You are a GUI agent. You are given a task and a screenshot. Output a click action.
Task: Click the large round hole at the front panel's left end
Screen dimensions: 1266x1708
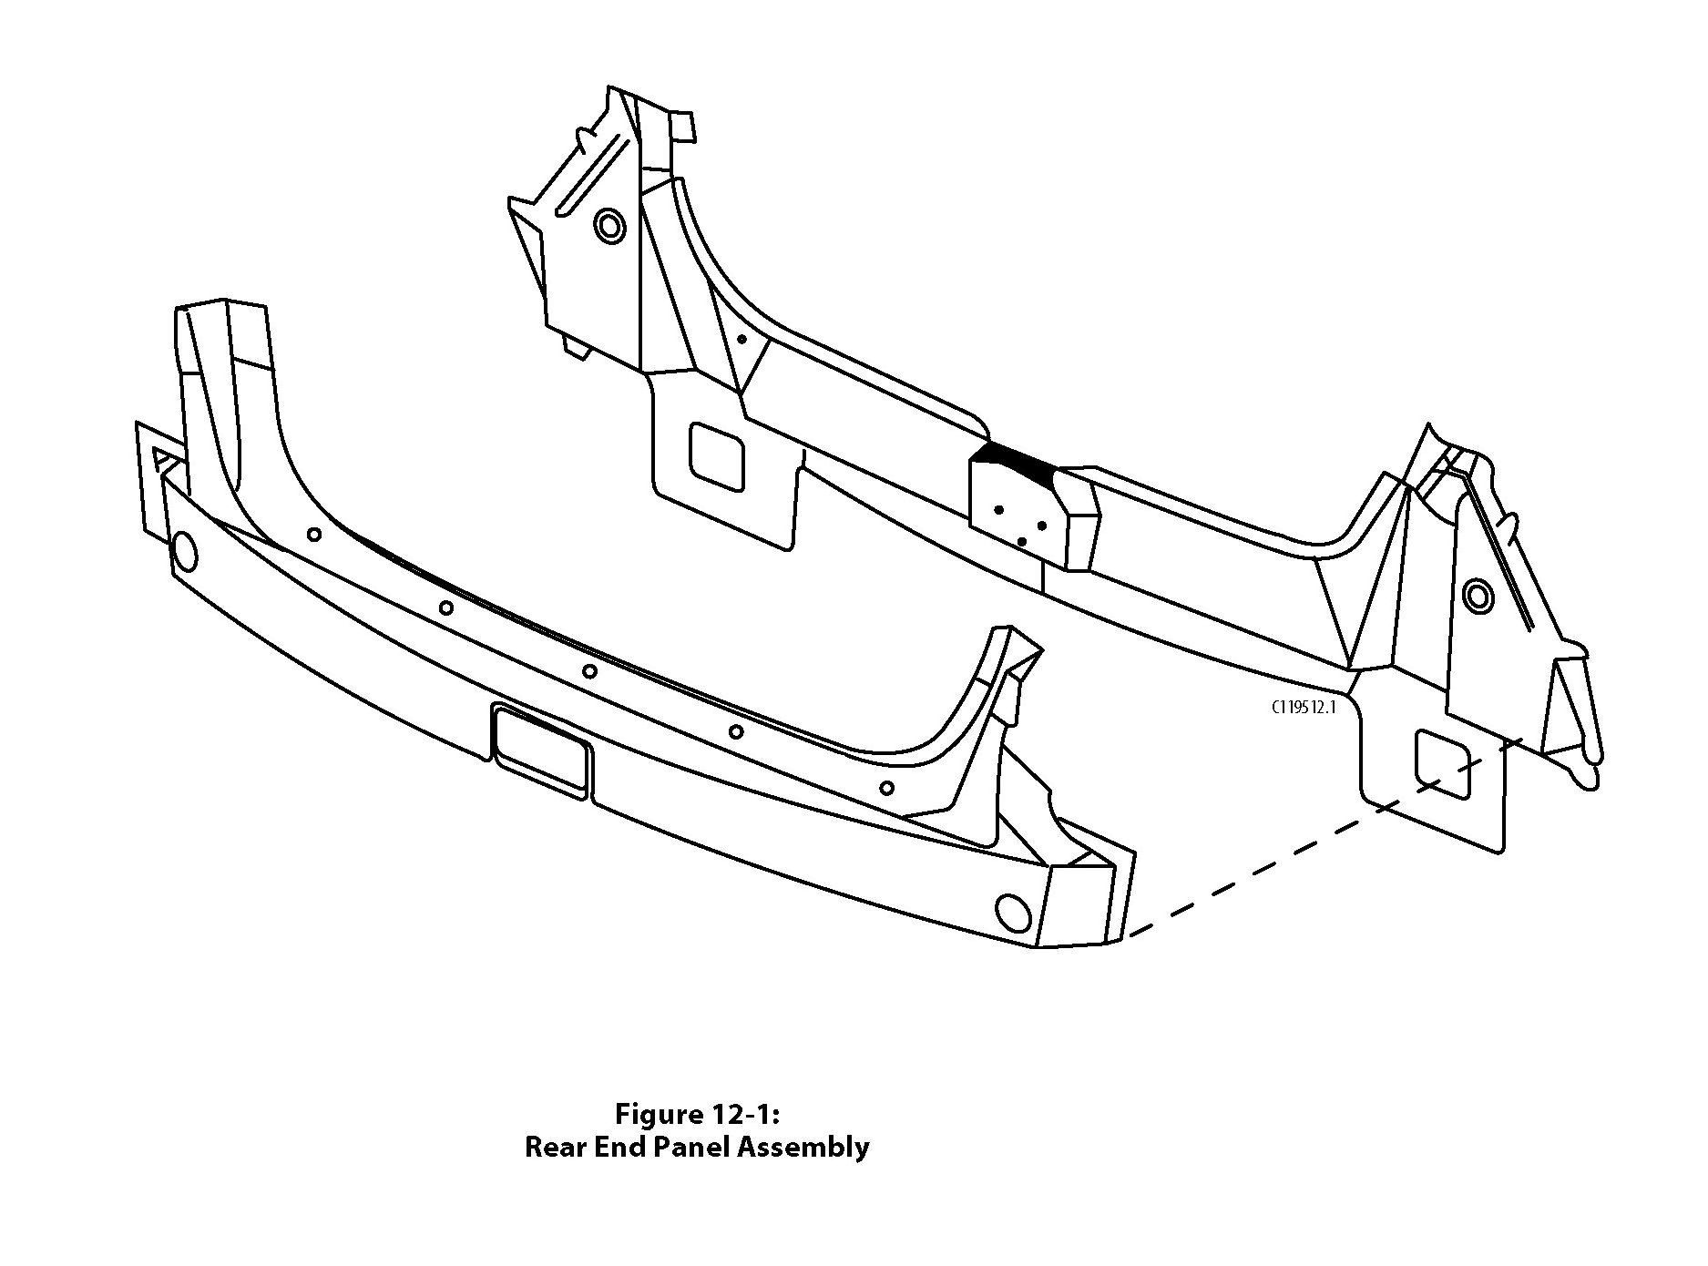point(183,550)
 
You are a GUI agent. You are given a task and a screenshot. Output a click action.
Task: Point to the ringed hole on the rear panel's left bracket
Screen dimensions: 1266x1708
point(609,225)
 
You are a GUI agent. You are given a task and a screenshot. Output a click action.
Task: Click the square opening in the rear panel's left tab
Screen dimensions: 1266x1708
point(718,455)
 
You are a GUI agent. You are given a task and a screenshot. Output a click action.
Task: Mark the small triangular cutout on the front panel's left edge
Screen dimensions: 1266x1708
point(163,458)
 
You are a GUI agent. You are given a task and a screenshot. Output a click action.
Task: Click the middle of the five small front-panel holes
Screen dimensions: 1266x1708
point(589,672)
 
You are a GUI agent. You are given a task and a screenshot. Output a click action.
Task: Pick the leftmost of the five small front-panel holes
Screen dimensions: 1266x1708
point(313,534)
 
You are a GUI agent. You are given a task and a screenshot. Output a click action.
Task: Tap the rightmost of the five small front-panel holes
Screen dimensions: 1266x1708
point(886,788)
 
